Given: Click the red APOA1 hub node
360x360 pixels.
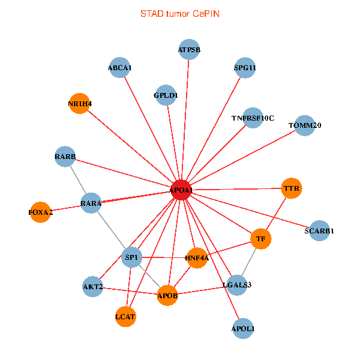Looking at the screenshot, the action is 181,190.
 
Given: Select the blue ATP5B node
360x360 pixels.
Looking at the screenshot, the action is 189,49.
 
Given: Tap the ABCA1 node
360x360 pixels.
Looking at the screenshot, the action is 119,67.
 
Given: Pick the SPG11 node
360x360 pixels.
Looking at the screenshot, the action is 245,67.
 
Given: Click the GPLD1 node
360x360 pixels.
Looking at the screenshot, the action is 166,94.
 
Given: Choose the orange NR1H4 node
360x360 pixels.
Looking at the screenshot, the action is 80,103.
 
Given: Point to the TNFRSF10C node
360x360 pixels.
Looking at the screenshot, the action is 253,118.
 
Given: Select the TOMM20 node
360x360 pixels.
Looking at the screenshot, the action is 305,125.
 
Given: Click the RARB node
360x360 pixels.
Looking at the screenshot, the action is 65,157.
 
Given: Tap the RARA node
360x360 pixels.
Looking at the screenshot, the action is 91,203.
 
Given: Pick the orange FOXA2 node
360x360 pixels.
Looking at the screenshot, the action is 40,212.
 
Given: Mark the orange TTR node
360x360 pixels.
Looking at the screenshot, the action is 291,188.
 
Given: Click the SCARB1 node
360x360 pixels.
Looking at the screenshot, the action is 320,230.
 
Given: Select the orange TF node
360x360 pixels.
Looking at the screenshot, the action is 260,239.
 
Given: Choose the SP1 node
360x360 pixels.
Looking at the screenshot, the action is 131,257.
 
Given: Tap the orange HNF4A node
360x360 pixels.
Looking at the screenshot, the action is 197,257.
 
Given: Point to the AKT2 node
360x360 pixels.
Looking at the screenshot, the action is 93,287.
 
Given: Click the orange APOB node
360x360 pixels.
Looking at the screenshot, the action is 167,295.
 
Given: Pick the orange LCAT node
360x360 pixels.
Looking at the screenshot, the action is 126,316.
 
